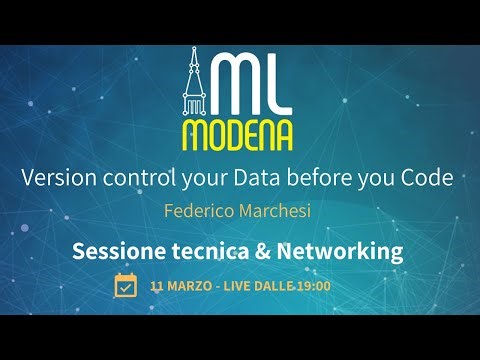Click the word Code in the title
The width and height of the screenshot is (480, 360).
[x=430, y=177]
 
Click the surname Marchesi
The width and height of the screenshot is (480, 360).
[x=278, y=212]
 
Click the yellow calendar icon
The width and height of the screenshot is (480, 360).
[x=126, y=286]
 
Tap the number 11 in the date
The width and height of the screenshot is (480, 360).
[x=157, y=286]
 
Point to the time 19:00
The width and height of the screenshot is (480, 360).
[x=313, y=286]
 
